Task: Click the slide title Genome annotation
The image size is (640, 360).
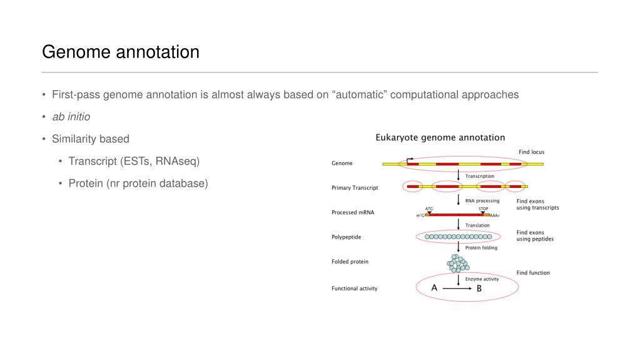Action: click(x=120, y=51)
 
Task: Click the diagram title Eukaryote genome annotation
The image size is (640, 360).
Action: click(x=440, y=137)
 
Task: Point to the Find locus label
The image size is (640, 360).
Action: click(x=531, y=152)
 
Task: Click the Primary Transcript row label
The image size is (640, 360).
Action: click(x=354, y=187)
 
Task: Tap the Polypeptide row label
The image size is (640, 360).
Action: click(x=346, y=237)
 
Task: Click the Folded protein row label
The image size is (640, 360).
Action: click(x=350, y=262)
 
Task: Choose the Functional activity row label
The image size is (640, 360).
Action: click(x=354, y=289)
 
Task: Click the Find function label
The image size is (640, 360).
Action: click(x=533, y=273)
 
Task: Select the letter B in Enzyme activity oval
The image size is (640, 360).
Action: click(x=479, y=289)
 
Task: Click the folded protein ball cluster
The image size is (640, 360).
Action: click(x=458, y=262)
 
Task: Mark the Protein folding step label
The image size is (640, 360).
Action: click(x=481, y=248)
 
